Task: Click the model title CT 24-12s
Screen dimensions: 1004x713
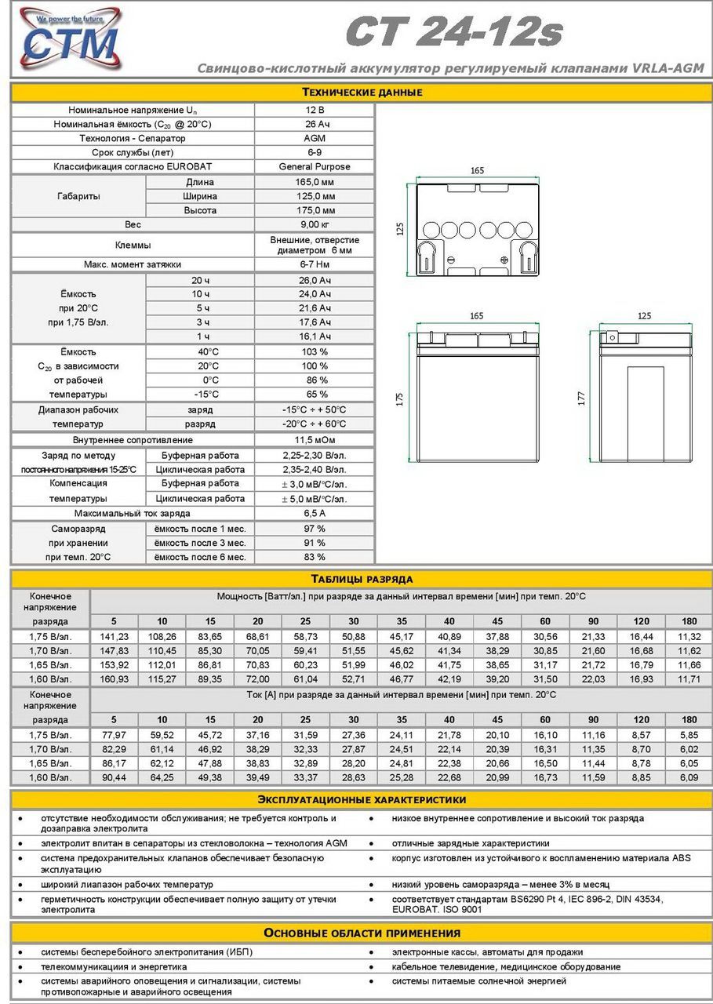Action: (454, 33)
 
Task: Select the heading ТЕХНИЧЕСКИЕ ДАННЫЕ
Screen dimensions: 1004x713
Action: (362, 92)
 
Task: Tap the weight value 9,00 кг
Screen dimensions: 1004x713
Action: (315, 224)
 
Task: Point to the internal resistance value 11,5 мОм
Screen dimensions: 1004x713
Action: (315, 440)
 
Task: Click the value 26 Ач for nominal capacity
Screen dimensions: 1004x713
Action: (315, 124)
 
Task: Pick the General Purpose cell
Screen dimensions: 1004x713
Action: (315, 166)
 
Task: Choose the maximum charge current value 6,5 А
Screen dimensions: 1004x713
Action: (315, 513)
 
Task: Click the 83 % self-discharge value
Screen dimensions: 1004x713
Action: (315, 557)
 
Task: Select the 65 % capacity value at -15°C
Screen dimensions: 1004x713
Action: (315, 394)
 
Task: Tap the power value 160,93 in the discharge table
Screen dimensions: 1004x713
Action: (114, 679)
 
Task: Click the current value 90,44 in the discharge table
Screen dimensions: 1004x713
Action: (114, 777)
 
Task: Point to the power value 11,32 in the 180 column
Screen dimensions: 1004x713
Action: (689, 637)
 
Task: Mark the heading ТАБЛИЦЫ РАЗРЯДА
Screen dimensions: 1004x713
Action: (362, 579)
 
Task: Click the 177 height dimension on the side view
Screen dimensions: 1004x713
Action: (582, 398)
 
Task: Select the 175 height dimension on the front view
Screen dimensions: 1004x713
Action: (400, 398)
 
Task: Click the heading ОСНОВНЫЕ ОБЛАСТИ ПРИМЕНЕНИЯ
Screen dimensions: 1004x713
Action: (362, 933)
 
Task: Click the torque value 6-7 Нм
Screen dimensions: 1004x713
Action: (315, 264)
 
